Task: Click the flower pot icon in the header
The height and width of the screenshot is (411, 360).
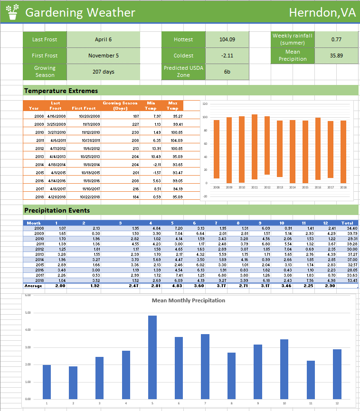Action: pos(12,12)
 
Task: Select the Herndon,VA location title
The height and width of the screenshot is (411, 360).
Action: pos(322,13)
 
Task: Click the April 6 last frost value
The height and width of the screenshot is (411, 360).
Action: pos(103,39)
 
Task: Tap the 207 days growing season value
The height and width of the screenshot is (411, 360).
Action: pos(103,72)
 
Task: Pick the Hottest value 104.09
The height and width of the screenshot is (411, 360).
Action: pos(227,39)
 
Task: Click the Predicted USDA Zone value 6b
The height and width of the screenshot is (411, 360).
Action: pos(227,72)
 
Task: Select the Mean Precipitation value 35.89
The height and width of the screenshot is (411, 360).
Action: pos(336,56)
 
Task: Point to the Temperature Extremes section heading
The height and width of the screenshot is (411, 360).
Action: pos(61,91)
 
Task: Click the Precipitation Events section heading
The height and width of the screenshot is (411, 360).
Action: pos(57,210)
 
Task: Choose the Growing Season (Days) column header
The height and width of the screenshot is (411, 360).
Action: pos(120,105)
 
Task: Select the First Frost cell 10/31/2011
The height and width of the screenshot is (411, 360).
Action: pos(86,140)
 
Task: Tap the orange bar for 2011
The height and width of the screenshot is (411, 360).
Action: pos(255,147)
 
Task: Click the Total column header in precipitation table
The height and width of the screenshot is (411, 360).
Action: pos(347,223)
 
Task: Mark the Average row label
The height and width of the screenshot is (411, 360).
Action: pos(33,286)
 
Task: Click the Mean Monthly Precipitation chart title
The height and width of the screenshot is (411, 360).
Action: pos(188,300)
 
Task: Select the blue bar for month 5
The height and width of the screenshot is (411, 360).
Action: pos(152,357)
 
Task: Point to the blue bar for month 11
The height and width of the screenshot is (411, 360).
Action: pos(311,380)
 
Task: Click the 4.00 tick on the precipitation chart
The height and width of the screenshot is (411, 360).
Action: pos(28,330)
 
